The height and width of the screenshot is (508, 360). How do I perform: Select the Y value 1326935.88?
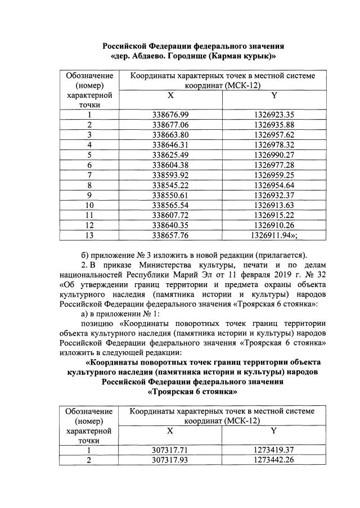274,125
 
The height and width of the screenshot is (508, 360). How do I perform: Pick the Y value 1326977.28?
274,165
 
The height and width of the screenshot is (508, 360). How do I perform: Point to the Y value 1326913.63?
274,205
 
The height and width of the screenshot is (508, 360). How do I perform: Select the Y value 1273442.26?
274,460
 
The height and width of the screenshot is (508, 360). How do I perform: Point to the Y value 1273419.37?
274,450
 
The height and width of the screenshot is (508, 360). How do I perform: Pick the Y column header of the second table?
274,430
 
